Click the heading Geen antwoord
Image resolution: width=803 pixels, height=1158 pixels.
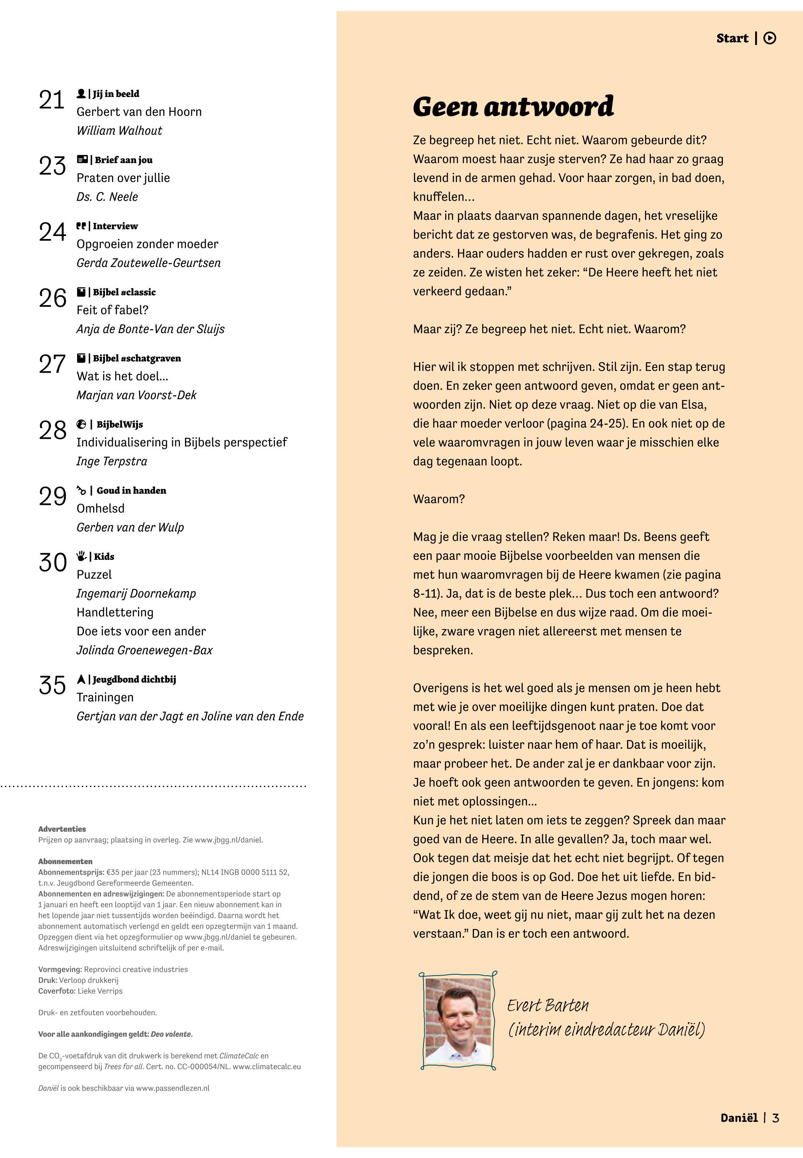point(513,106)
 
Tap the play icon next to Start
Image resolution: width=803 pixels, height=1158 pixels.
point(769,38)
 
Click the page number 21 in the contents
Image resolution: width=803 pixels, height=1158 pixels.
point(52,100)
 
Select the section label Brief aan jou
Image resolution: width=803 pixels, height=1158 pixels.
point(123,160)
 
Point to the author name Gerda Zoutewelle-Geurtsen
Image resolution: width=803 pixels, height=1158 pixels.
point(148,263)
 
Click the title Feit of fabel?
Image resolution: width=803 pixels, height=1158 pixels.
point(112,310)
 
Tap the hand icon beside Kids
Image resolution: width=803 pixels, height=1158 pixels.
point(81,556)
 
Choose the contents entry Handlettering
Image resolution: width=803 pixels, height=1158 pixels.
point(115,613)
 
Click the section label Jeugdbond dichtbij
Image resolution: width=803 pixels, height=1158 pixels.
point(134,680)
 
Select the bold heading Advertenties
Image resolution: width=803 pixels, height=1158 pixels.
point(62,829)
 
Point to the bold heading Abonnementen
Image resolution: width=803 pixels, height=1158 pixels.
point(65,861)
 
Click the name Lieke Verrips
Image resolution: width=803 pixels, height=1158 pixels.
point(100,991)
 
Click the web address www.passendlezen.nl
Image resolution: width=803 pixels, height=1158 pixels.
point(173,1088)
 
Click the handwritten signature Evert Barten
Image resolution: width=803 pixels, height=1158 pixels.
point(548,1006)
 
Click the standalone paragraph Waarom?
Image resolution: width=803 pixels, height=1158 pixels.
point(439,499)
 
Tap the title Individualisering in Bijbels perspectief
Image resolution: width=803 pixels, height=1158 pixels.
point(181,442)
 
